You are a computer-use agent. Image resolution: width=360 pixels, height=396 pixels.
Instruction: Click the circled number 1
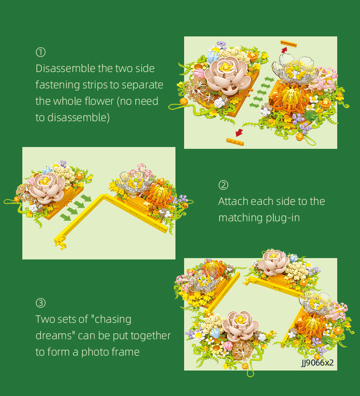(41, 52)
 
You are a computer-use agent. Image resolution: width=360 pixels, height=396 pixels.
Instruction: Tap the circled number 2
(223, 185)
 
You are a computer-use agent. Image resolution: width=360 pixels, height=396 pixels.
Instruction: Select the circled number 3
(41, 303)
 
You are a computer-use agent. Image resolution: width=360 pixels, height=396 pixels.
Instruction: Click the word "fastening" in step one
(57, 85)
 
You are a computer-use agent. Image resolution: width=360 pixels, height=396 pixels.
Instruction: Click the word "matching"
(240, 218)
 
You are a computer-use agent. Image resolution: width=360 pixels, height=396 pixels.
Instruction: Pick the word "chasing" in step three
(112, 320)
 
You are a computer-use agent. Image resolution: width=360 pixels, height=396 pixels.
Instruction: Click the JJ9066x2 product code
(317, 363)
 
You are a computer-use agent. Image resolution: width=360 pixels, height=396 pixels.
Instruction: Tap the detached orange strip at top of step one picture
(289, 44)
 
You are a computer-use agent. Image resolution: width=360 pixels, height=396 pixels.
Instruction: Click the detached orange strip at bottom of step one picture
(235, 142)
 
